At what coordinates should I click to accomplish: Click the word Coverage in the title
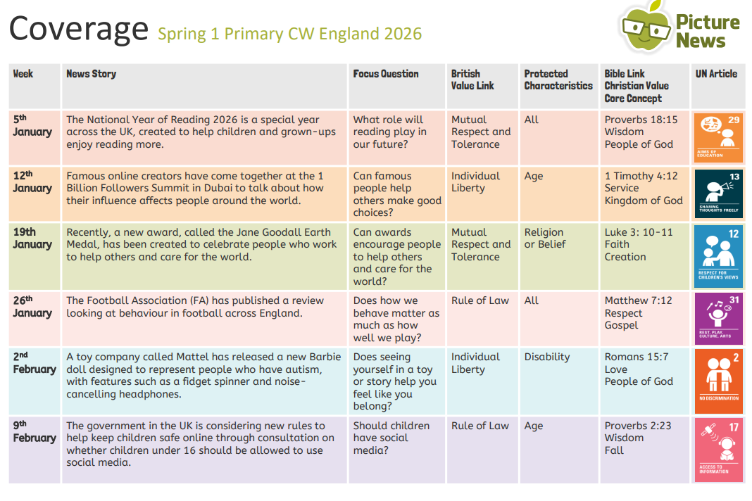click(79, 30)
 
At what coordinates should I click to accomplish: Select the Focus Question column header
click(386, 74)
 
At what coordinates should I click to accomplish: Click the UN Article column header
click(716, 74)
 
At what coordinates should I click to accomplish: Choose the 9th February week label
click(34, 431)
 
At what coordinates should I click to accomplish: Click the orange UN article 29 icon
click(718, 136)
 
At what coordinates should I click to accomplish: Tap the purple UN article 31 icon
click(718, 319)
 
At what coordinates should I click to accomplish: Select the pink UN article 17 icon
click(718, 450)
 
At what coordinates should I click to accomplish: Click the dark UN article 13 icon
click(718, 193)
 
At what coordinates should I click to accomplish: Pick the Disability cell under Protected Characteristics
click(547, 357)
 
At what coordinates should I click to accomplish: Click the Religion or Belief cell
click(544, 238)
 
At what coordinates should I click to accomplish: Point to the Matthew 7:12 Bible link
click(638, 300)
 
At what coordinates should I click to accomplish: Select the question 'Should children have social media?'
click(391, 438)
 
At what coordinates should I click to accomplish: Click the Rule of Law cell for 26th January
click(480, 300)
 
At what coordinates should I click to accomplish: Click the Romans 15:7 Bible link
click(637, 357)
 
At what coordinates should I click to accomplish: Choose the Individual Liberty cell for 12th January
click(476, 182)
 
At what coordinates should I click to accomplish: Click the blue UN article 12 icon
click(718, 253)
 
